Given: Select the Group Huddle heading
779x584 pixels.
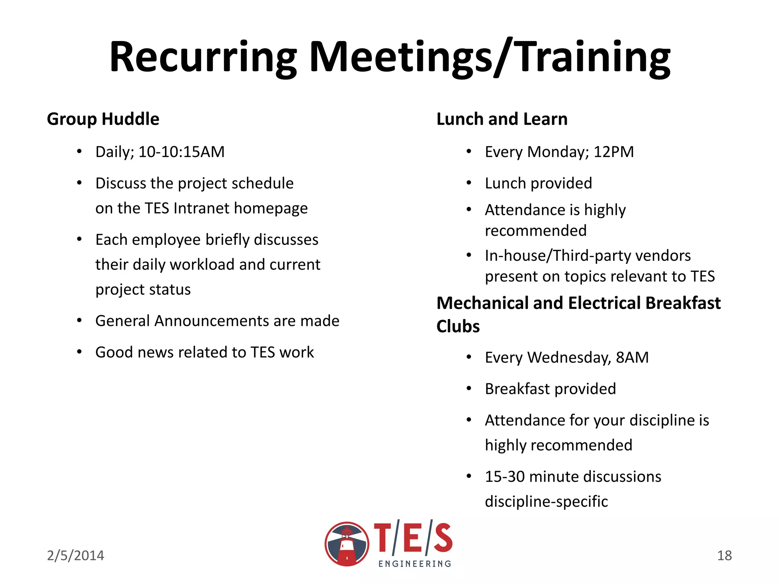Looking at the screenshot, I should click(x=103, y=119).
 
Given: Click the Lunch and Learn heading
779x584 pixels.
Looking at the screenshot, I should click(x=502, y=119).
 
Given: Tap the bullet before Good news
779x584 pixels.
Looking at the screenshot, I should click(x=79, y=352).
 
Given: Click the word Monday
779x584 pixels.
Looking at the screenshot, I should click(x=558, y=152).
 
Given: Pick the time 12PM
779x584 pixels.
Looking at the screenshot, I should click(x=614, y=152).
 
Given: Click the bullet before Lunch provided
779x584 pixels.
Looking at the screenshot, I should click(x=469, y=183).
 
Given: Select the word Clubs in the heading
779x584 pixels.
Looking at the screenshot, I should click(x=458, y=327).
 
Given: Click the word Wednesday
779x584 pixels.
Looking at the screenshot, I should click(x=569, y=358).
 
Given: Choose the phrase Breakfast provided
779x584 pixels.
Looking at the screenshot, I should click(x=550, y=389).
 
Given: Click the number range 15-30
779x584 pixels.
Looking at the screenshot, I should click(x=505, y=477).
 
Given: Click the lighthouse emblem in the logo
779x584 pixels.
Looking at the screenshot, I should click(x=347, y=544).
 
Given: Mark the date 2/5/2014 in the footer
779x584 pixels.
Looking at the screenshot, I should click(x=75, y=555).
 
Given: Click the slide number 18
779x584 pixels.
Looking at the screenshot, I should click(x=724, y=555).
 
